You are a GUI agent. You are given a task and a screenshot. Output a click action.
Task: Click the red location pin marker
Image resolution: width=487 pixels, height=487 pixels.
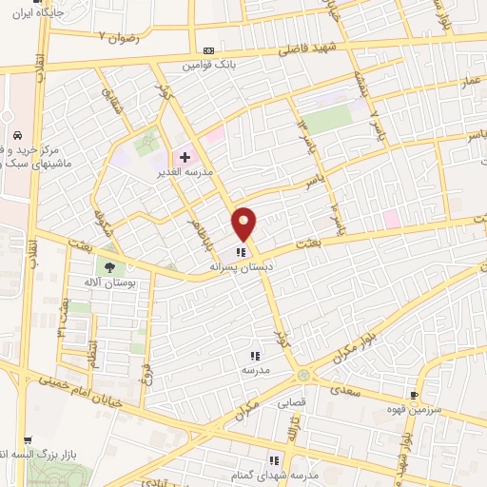tap(244, 224)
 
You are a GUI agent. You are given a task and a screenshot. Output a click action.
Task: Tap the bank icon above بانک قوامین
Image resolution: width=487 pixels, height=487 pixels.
tap(209, 51)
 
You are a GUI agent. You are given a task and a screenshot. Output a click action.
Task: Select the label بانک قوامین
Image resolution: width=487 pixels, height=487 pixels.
tap(209, 66)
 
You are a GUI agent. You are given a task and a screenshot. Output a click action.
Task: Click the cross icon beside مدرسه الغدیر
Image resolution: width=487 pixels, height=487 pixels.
tap(185, 157)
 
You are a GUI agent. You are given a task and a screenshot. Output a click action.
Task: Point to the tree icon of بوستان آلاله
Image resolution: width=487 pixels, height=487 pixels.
tap(109, 268)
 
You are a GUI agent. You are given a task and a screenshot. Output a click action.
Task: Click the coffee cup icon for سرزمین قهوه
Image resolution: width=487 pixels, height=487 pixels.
tap(414, 394)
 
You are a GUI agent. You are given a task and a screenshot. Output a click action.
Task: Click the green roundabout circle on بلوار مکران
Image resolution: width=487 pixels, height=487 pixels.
tap(303, 374)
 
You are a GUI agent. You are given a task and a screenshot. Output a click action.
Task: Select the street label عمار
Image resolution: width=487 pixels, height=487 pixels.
tap(472, 110)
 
